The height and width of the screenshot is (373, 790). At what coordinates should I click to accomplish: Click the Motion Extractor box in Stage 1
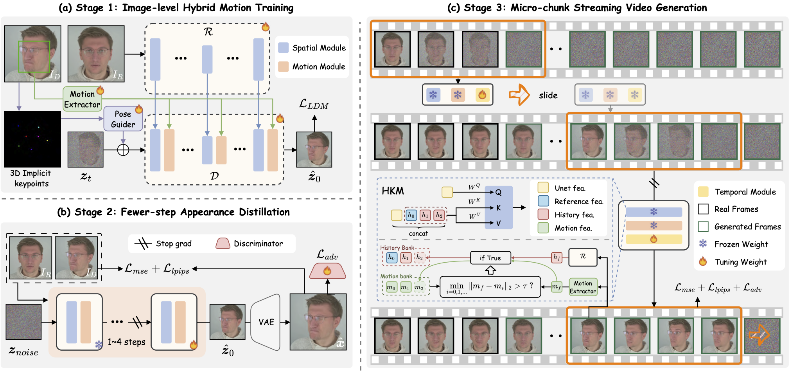82,99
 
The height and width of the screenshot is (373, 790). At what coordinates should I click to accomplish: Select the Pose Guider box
123,119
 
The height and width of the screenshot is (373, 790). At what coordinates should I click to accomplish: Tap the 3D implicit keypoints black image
32,139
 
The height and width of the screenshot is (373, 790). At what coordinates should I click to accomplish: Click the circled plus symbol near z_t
123,150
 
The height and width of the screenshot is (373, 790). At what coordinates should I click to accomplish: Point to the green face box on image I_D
34,56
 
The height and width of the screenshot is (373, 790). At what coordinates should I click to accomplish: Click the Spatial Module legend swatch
283,48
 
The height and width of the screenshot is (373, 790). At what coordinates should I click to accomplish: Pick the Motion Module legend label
318,67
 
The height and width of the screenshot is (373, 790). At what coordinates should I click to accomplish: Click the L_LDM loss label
314,104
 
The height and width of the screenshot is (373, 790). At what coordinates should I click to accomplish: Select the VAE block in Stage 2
266,322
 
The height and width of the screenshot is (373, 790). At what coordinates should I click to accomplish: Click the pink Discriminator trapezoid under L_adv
327,271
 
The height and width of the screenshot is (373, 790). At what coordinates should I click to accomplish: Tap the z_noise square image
23,322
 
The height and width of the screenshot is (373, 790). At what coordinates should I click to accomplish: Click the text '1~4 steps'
126,342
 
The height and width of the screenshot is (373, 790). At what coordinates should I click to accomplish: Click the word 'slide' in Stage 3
548,96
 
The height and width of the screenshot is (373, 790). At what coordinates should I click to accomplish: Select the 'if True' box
490,258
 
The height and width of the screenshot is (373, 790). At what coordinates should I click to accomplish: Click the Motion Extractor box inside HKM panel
583,287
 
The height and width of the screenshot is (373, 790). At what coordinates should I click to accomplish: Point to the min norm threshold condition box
490,287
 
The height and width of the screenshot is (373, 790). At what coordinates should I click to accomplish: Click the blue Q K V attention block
499,208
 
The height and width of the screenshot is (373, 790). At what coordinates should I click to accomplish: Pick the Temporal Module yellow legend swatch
703,192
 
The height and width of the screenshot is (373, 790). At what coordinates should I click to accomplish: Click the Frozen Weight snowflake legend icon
703,244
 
